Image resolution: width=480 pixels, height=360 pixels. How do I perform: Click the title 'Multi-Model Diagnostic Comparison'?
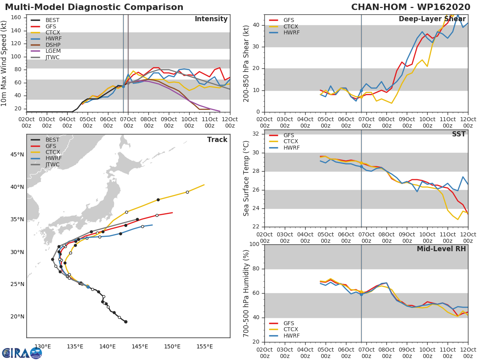click(x=94, y=7)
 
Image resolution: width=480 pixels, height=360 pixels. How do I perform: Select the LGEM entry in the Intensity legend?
click(x=52, y=51)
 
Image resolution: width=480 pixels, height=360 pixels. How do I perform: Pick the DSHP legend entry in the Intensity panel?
click(x=53, y=45)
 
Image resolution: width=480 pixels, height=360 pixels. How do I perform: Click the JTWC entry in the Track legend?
click(x=52, y=164)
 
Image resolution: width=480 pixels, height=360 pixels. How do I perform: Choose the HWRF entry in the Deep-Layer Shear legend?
click(x=291, y=33)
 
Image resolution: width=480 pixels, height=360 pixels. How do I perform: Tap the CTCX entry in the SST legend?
click(x=291, y=142)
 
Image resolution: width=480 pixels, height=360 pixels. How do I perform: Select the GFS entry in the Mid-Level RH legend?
click(x=288, y=323)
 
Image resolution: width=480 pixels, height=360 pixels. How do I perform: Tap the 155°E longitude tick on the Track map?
click(x=204, y=346)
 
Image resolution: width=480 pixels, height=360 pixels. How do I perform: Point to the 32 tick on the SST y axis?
click(x=255, y=134)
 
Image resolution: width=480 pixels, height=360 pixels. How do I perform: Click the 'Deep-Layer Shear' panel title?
click(x=432, y=19)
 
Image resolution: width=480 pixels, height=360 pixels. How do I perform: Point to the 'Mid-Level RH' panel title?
click(x=441, y=249)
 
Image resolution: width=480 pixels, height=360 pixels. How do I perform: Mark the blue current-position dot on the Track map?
click(x=88, y=287)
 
